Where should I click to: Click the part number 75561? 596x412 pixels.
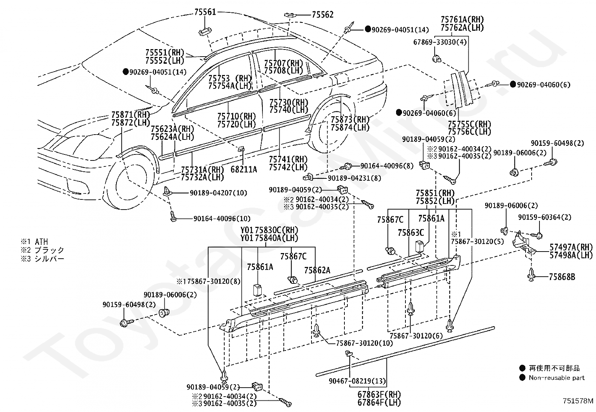click(x=205, y=12)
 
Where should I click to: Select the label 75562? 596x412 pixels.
click(x=322, y=15)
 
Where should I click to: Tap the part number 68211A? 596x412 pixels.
click(x=244, y=169)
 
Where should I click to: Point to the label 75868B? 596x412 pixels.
click(x=562, y=277)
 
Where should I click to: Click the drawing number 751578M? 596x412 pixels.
click(x=578, y=401)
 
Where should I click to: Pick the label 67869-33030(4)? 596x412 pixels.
click(x=440, y=42)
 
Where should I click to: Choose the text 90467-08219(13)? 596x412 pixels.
click(x=357, y=381)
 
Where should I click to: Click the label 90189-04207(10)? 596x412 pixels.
click(x=218, y=193)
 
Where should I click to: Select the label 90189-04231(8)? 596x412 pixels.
click(x=354, y=178)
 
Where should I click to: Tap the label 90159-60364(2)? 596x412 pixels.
click(x=545, y=217)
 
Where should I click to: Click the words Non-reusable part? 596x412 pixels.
click(x=557, y=378)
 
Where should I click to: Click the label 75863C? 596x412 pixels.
click(x=411, y=233)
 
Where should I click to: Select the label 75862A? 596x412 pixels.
click(x=317, y=270)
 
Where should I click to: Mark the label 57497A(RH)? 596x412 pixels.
click(x=571, y=247)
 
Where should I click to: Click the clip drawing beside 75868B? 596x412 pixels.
click(x=531, y=275)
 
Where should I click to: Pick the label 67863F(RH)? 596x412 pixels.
click(x=379, y=394)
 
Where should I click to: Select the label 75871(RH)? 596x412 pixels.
click(x=130, y=115)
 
